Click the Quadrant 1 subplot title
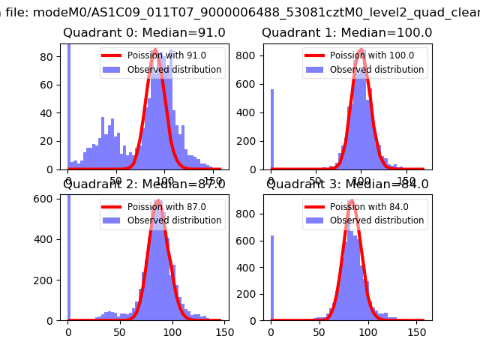point(346,33)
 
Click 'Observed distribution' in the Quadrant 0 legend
point(174,70)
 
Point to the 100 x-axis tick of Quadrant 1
point(361,181)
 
